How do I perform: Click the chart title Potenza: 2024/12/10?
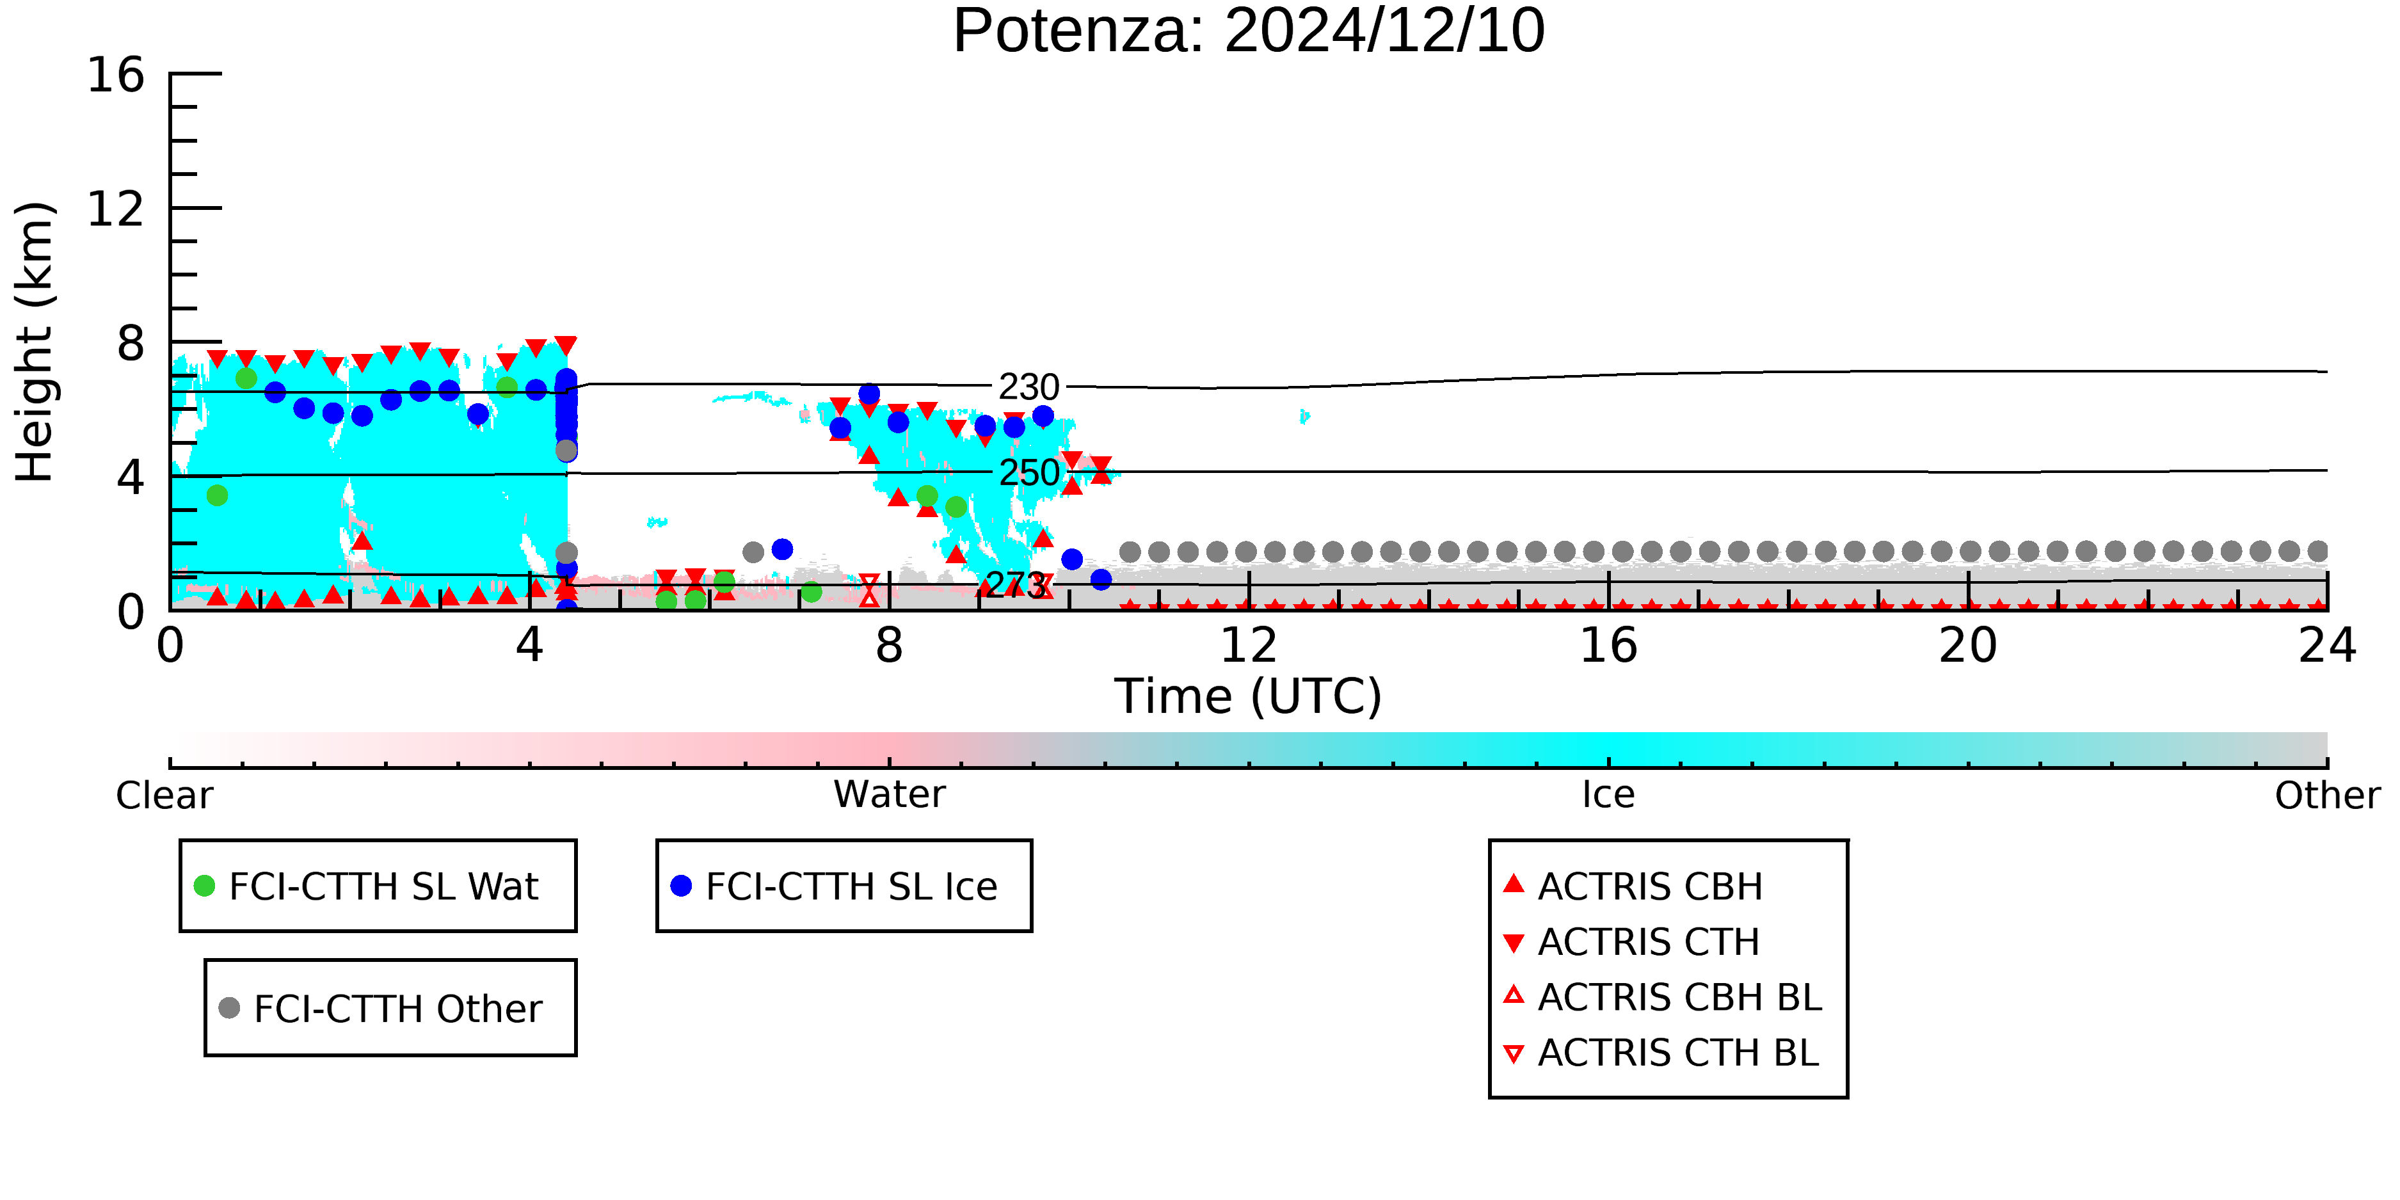(1249, 31)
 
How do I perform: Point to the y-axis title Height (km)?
(35, 342)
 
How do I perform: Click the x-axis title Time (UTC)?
(1249, 697)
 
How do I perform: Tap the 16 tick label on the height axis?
(116, 74)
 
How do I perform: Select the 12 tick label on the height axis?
(116, 209)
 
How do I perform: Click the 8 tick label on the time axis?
(889, 646)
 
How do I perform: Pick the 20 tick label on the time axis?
(1968, 646)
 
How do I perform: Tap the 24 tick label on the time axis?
(2327, 646)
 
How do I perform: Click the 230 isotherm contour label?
(1030, 387)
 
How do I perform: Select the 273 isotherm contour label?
(1016, 585)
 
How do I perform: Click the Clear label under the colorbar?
(164, 796)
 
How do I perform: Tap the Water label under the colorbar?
(890, 795)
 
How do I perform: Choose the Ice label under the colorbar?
(1608, 795)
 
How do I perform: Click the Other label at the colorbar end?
(2327, 796)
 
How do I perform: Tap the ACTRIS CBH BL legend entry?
(1663, 997)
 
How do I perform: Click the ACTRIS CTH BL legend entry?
(1661, 1053)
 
